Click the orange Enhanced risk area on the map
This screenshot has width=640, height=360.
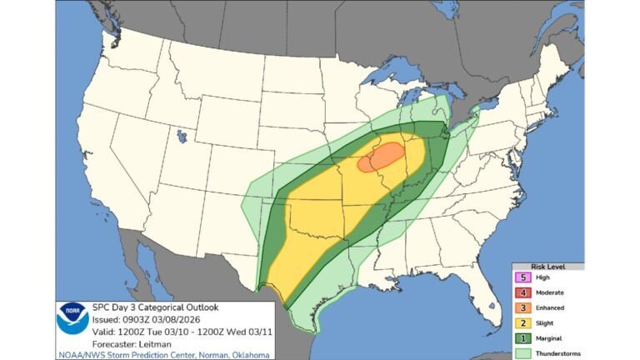(x=382, y=157)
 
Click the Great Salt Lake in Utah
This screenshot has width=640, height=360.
(x=180, y=133)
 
